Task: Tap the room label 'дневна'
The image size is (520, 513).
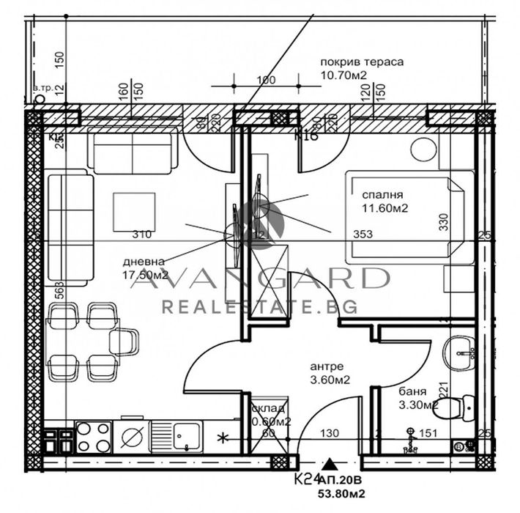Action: [144, 262]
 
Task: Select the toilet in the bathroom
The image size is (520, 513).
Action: [461, 404]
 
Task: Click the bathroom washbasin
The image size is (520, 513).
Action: [461, 353]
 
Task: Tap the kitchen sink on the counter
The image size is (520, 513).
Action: [179, 438]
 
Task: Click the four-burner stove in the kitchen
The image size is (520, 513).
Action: [93, 438]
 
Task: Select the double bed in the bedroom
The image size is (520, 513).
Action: [406, 217]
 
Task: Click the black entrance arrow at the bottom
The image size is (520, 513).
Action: [331, 464]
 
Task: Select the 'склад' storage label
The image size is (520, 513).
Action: [265, 409]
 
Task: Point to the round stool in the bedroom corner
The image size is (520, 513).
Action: [423, 149]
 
